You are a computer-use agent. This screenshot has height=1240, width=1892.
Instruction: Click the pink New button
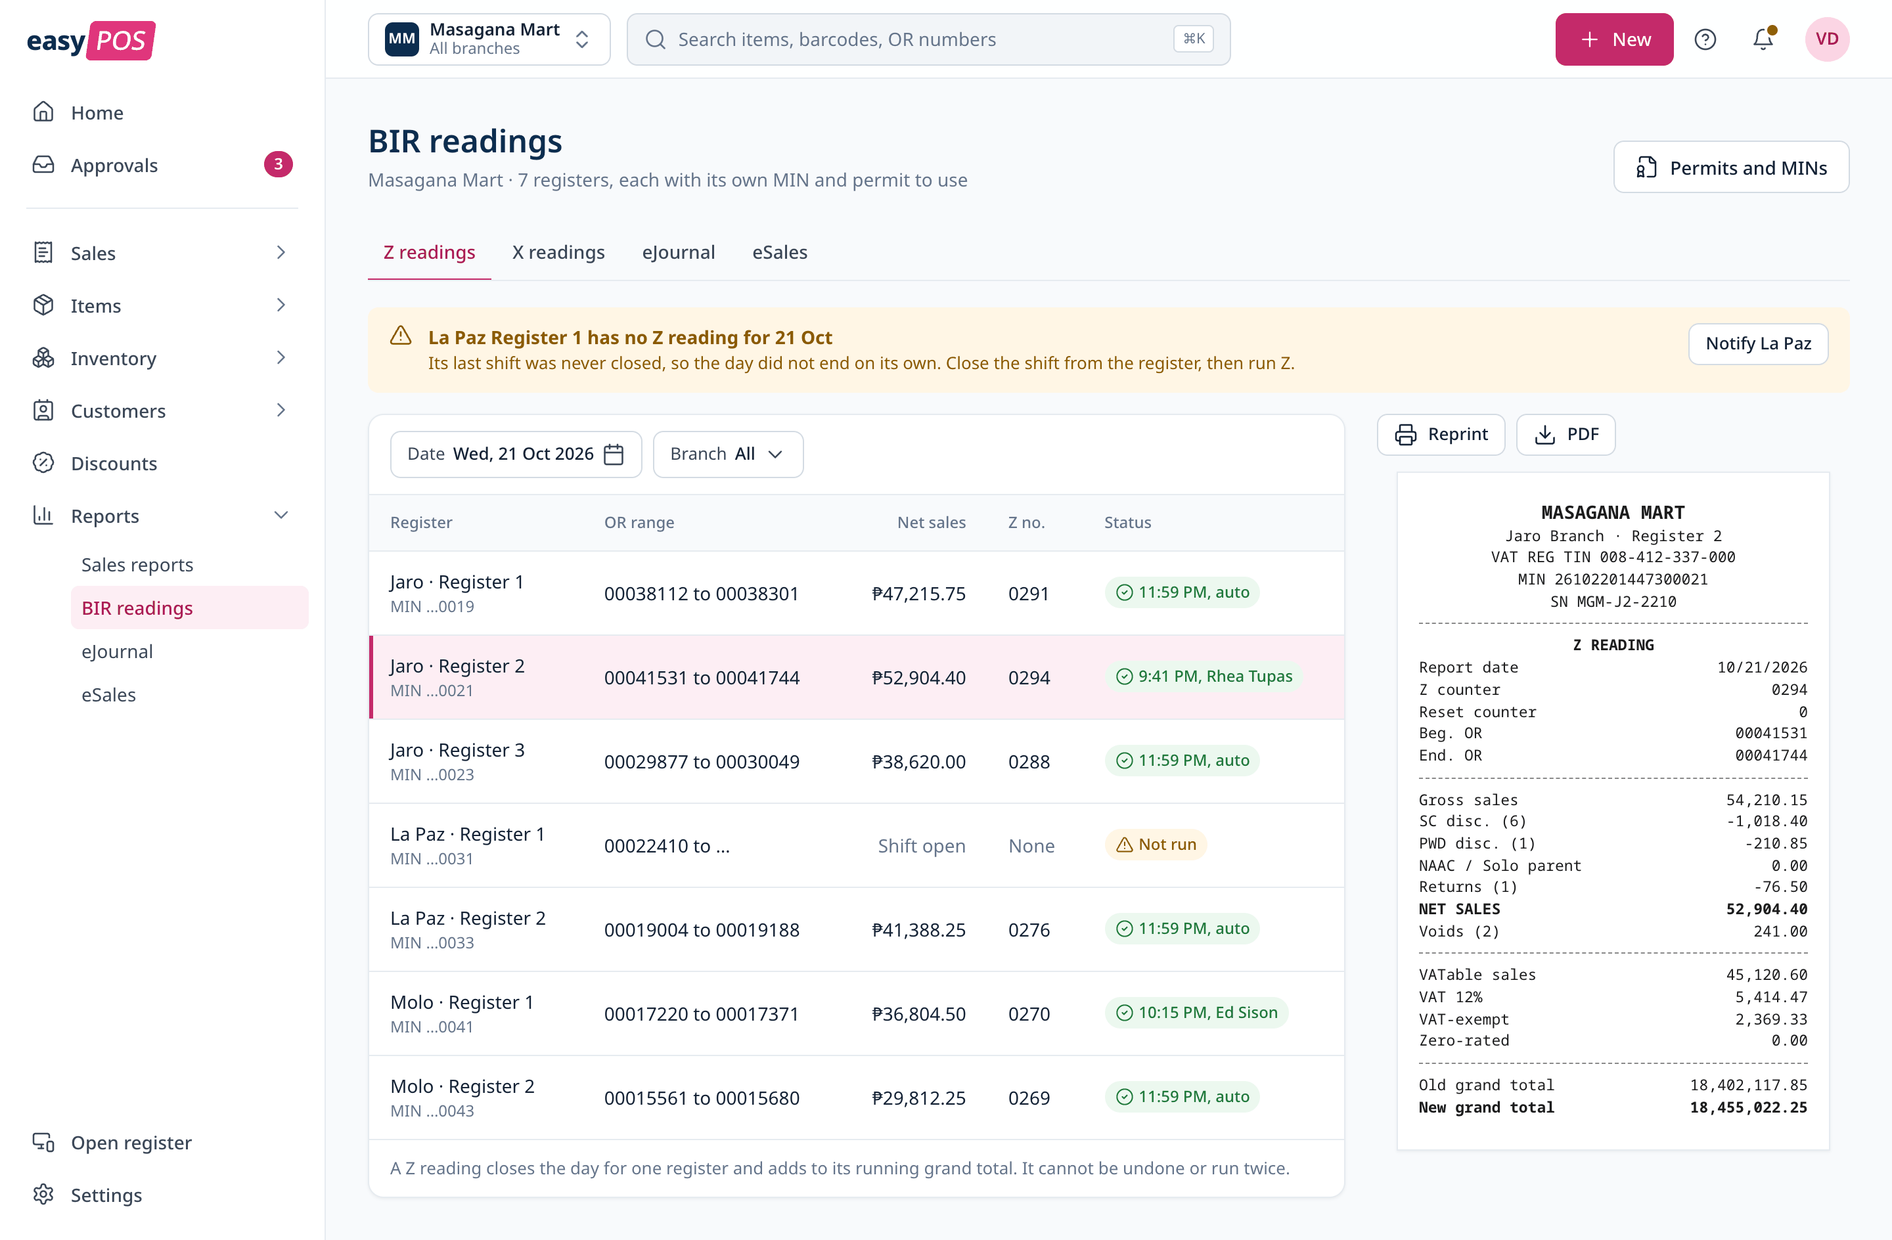pyautogui.click(x=1613, y=39)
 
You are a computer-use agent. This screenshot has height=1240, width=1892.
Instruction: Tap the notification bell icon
pyautogui.click(x=1763, y=39)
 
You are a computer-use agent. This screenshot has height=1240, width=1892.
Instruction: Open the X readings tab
pyautogui.click(x=558, y=252)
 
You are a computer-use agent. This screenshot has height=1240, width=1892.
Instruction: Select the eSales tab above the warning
pyautogui.click(x=779, y=252)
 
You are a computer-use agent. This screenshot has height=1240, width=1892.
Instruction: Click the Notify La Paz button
pyautogui.click(x=1757, y=343)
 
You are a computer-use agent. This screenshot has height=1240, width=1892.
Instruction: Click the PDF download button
pyautogui.click(x=1565, y=434)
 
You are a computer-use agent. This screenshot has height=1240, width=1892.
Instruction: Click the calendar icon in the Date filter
pyautogui.click(x=614, y=454)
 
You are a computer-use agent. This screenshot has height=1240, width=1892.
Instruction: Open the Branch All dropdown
pyautogui.click(x=727, y=454)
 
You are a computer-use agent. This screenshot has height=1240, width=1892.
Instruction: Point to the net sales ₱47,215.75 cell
pyautogui.click(x=918, y=593)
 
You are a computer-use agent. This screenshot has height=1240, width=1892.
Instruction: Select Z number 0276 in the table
pyautogui.click(x=1029, y=929)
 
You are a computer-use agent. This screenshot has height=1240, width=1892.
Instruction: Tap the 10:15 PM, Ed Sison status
pyautogui.click(x=1196, y=1012)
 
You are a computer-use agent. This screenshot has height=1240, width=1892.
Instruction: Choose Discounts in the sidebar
pyautogui.click(x=114, y=464)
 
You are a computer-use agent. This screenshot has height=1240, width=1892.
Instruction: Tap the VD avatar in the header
pyautogui.click(x=1827, y=39)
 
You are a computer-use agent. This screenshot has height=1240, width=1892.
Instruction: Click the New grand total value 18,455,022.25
pyautogui.click(x=1748, y=1107)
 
